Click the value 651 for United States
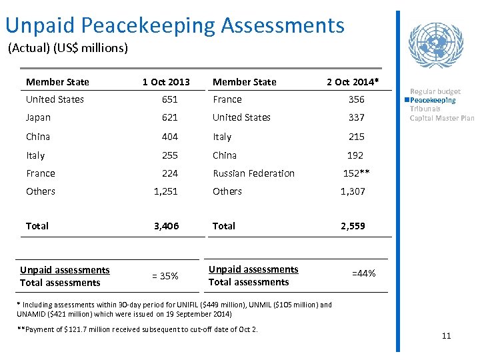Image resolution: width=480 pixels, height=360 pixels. pos(169,99)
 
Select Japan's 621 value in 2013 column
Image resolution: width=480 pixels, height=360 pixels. pos(169,117)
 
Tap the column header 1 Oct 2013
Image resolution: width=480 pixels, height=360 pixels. pos(166,82)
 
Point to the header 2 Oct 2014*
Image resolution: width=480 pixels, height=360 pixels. pos(353,82)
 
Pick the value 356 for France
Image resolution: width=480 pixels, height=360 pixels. pos(356,99)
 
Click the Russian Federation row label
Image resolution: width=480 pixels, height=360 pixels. pos(253,173)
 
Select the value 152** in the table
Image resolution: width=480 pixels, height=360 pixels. pos(356,173)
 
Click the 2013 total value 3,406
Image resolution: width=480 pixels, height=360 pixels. pos(166,226)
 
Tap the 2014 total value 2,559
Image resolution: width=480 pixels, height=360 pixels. pos(353,226)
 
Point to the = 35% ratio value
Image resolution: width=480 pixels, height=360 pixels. pos(165,276)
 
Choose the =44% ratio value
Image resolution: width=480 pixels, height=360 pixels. pos(363,273)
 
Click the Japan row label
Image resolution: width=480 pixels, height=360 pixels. pos(38,117)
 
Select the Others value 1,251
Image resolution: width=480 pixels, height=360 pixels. pos(166,191)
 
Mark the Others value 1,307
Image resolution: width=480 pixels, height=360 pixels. pos(353,191)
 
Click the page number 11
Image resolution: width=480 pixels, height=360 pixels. pos(446,335)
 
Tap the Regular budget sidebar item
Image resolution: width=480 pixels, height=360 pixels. pos(435,91)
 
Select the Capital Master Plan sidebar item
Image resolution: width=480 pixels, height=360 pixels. pos(441,118)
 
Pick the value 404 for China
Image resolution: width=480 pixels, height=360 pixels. pos(169,137)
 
